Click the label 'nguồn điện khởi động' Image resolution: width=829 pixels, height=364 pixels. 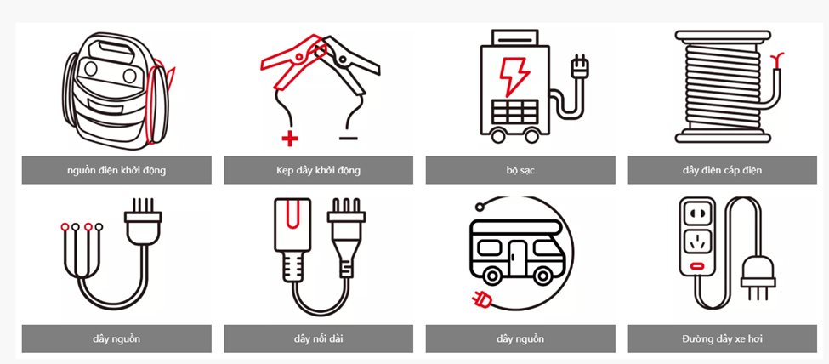coord(116,170)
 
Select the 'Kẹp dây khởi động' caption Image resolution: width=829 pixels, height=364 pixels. coord(318,170)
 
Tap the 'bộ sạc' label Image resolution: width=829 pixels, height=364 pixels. coord(520,170)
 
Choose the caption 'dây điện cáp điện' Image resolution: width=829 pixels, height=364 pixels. coord(722,170)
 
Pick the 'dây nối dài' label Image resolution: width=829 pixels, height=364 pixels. coord(318,338)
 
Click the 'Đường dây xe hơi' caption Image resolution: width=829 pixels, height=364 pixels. coord(722,338)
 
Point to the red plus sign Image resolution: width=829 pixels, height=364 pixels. coord(290,139)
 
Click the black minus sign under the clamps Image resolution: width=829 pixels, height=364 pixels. coord(349,139)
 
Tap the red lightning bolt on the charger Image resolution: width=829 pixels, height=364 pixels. coord(514,77)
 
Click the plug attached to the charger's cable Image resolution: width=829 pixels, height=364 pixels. coord(579,68)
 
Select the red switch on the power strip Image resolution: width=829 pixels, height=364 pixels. coord(697,265)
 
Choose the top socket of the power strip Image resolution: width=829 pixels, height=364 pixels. coord(697,215)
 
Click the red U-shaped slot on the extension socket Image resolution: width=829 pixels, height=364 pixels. coord(292,213)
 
